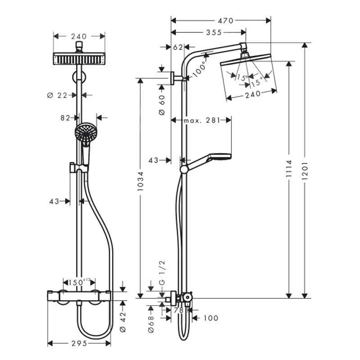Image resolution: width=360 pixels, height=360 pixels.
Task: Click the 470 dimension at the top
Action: (x=225, y=20)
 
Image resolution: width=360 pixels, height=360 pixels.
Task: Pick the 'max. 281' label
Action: (x=201, y=120)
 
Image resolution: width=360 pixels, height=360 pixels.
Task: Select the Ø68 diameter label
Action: (x=151, y=322)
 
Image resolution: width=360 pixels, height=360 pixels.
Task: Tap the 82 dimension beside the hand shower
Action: (x=66, y=117)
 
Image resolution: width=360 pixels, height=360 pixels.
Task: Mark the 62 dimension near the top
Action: (x=178, y=47)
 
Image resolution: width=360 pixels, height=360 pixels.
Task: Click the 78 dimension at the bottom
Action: (x=178, y=310)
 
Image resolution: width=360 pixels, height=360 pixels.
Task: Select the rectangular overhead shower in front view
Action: (x=79, y=58)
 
